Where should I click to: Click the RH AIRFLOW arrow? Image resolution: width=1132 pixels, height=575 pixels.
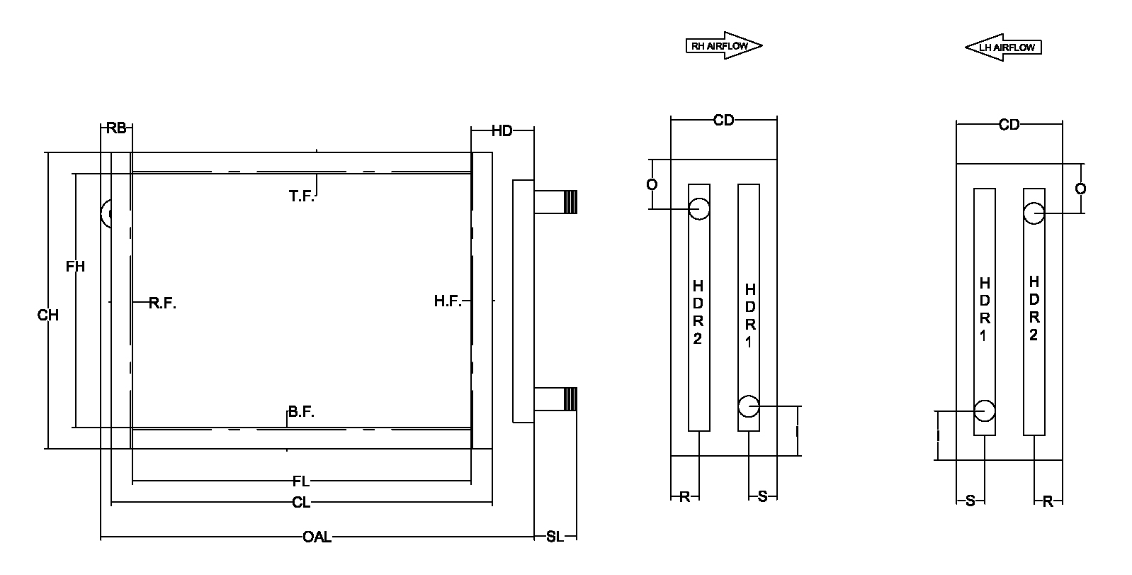[x=723, y=46]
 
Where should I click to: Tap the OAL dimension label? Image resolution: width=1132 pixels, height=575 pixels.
[x=317, y=537]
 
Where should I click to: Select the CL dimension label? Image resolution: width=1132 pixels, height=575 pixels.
[x=301, y=503]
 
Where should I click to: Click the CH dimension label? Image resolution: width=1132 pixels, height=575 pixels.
[x=47, y=315]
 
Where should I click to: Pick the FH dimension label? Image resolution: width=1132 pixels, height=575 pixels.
[x=75, y=267]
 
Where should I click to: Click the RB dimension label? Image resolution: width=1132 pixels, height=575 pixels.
[x=116, y=128]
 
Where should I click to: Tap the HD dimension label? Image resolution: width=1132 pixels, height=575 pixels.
[x=502, y=130]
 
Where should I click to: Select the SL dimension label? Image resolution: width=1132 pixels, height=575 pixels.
[x=555, y=537]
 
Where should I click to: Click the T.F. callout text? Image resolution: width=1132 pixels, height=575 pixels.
[x=301, y=196]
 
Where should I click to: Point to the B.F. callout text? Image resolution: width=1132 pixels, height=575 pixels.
[x=301, y=412]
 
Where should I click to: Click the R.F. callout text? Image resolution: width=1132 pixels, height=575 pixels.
[x=162, y=303]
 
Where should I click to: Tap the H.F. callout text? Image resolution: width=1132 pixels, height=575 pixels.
[x=448, y=301]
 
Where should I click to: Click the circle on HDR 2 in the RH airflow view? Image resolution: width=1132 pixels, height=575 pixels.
[x=699, y=208]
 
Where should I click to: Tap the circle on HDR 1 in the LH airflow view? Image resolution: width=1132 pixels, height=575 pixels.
[x=984, y=411]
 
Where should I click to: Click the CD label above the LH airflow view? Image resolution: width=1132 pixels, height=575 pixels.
[x=1009, y=125]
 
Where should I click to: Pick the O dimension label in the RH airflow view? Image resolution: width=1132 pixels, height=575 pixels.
[x=652, y=184]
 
